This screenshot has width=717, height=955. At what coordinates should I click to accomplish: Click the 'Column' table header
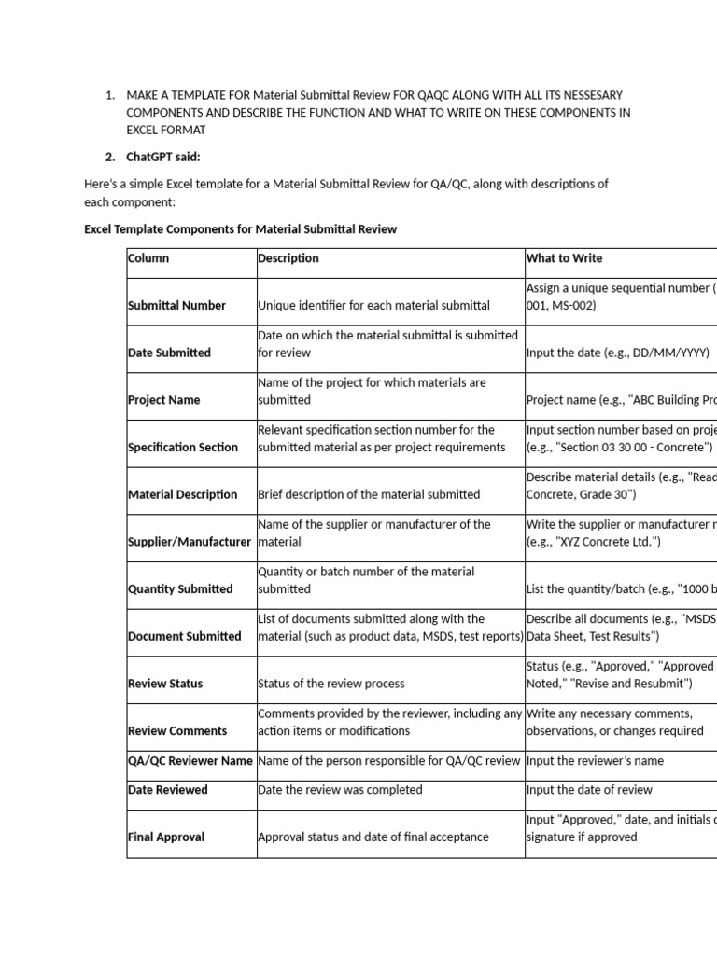coord(148,258)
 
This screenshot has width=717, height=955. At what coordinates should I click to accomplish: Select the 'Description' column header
coord(288,258)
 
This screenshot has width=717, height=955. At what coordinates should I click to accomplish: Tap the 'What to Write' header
coord(564,258)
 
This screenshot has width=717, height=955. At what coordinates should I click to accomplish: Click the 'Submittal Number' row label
coord(176,306)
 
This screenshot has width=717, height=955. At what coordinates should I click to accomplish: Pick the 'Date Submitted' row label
coord(169,353)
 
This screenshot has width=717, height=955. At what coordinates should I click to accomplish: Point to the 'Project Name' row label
coord(163,400)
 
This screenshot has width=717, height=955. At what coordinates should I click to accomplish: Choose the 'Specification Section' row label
coord(183,448)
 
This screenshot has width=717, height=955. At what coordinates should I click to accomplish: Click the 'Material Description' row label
coord(182,494)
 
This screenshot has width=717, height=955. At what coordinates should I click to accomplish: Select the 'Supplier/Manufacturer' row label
coord(190,542)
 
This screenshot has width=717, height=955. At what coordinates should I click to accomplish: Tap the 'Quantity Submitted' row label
coord(180,589)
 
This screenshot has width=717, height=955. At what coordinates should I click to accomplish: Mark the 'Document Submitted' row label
coord(184,637)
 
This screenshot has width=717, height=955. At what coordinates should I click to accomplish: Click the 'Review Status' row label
coord(164,684)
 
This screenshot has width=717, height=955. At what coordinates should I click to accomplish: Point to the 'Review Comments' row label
coord(177,731)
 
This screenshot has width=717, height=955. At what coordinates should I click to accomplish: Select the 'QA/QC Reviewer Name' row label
coord(190,761)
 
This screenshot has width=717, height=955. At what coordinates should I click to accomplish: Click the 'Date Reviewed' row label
coord(167,790)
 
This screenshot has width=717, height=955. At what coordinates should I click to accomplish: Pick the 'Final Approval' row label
coord(165,837)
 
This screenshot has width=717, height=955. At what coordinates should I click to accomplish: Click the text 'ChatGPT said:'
coord(163,157)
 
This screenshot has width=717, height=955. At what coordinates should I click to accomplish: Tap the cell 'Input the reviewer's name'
coord(595,761)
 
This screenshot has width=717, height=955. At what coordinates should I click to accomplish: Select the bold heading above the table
coord(240,229)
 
